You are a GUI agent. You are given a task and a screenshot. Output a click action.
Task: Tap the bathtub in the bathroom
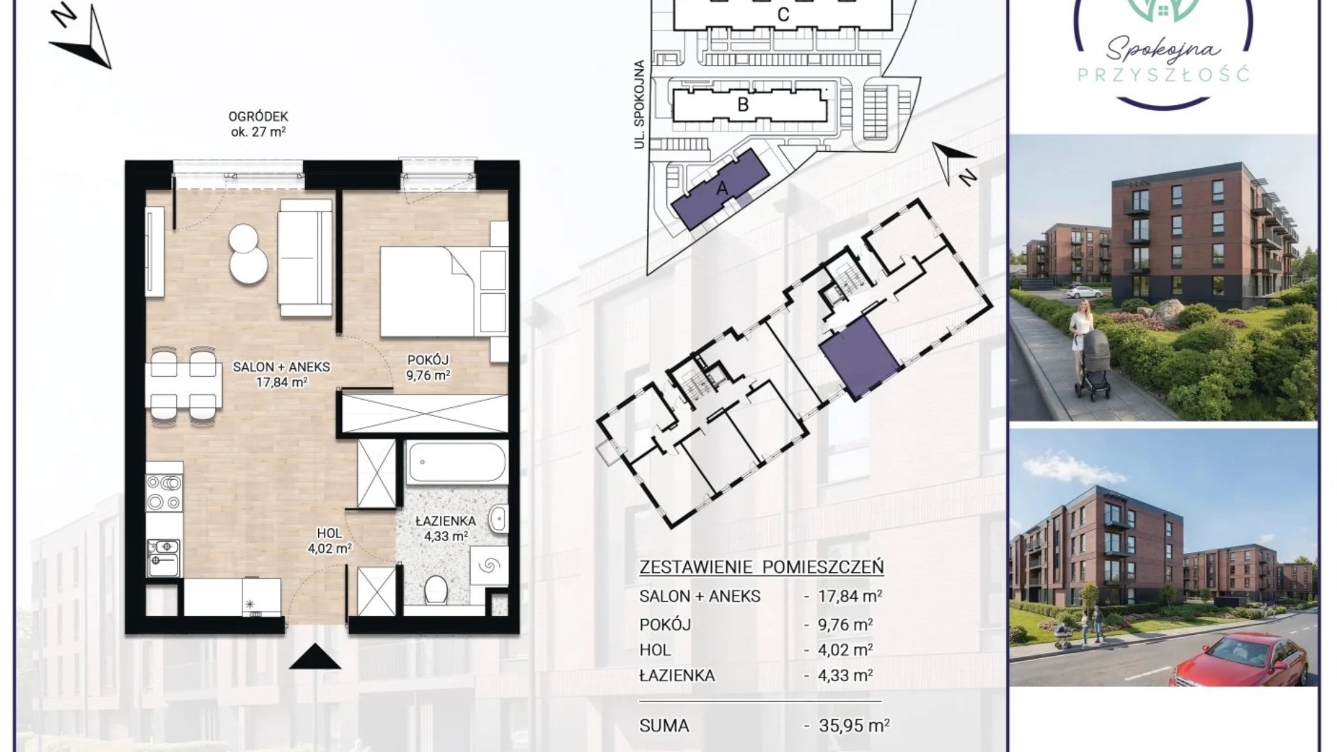point(457,462)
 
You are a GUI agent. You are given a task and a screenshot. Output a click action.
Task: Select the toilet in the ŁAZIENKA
point(436,589)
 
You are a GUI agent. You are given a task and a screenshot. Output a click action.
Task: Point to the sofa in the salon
point(305,258)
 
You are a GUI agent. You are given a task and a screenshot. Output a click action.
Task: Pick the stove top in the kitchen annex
point(164,492)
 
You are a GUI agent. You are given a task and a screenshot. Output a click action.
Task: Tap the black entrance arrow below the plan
point(315,657)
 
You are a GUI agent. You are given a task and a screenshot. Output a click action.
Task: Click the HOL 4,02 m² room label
point(329,540)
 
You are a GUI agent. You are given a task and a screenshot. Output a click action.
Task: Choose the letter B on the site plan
point(743,105)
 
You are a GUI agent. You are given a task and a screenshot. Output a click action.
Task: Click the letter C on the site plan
point(783,15)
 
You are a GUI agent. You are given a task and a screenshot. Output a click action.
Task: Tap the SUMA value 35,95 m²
point(854,726)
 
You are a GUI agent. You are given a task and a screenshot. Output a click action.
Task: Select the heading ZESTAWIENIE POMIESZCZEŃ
point(762,567)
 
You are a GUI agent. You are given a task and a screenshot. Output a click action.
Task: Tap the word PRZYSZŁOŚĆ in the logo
point(1163,75)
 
